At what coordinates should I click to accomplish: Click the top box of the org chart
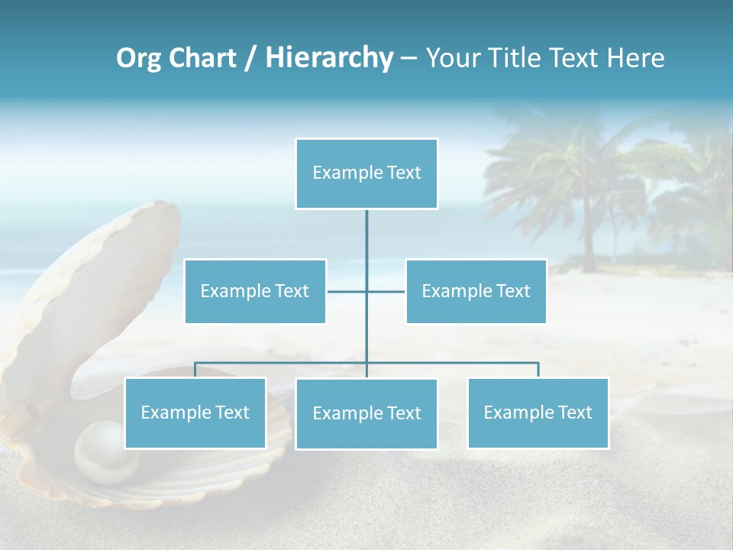366,173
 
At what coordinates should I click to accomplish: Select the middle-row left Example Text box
255,291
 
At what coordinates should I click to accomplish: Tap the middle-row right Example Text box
476,291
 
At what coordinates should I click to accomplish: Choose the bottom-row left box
195,412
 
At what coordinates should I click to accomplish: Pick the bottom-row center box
366,413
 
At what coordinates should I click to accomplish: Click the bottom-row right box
538,412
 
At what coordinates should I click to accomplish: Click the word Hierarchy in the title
329,58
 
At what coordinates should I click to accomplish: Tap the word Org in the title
137,58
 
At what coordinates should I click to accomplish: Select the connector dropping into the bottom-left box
195,370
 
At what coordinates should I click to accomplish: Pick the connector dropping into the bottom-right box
538,370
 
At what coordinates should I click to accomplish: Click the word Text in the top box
405,173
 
